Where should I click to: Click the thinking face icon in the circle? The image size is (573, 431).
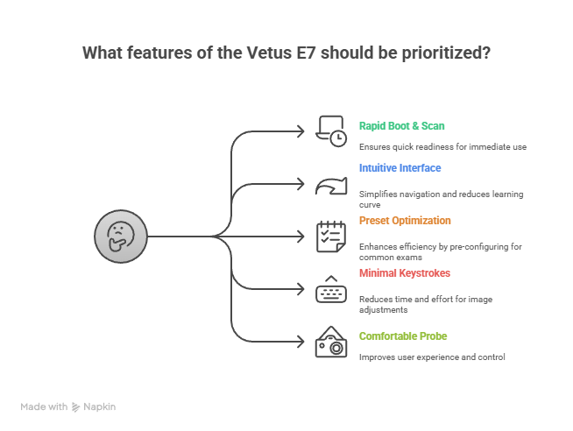click(121, 237)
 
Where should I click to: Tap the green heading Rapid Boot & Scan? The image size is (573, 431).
click(401, 126)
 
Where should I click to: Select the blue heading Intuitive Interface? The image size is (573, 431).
click(400, 168)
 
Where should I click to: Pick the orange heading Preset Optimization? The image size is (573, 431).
click(405, 221)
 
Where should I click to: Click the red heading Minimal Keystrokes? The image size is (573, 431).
click(405, 273)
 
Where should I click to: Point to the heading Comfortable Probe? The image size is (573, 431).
click(403, 336)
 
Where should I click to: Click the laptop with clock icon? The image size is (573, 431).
click(331, 131)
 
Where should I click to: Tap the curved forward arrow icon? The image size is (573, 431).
click(331, 186)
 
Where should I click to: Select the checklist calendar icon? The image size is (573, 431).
click(331, 237)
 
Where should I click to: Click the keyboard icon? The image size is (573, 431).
click(331, 289)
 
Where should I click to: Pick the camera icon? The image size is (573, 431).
click(331, 342)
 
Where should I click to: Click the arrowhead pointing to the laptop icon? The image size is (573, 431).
click(301, 131)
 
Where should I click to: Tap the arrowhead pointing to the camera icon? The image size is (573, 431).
click(301, 342)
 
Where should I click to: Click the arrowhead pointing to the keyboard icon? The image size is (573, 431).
click(301, 289)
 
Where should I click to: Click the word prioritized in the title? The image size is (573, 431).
click(446, 53)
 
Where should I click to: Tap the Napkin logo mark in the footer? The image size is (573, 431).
click(75, 406)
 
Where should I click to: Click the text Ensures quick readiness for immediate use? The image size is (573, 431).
click(442, 147)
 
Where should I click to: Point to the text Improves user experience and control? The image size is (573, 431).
click(432, 357)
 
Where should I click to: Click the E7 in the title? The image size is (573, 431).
click(306, 53)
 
